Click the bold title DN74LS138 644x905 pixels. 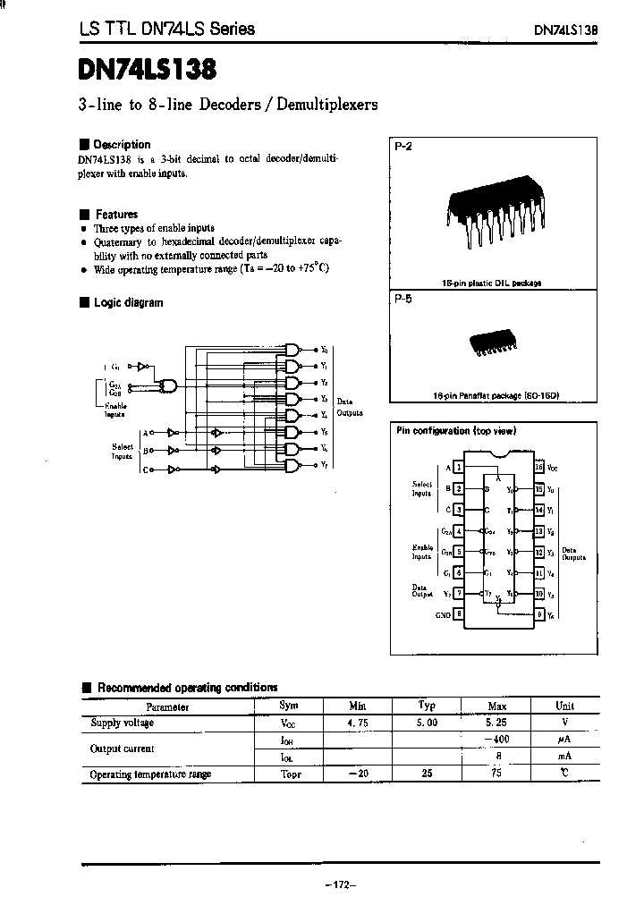coord(147,69)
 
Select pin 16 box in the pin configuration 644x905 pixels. coord(538,467)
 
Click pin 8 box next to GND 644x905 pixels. coord(458,614)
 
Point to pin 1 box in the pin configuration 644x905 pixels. coord(458,467)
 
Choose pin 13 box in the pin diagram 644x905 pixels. coord(538,531)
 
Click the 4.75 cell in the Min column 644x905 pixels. coord(359,723)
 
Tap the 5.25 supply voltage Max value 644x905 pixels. coord(496,723)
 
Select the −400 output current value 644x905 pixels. coord(496,740)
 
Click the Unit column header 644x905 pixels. coord(564,706)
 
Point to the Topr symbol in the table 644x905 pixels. coord(291,774)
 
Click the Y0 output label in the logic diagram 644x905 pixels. coord(325,350)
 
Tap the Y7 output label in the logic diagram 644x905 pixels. coord(325,467)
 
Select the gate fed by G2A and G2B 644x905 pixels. coord(167,386)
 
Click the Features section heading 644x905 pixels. coord(116,215)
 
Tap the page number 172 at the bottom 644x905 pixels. coord(340,885)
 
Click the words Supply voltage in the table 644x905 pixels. coord(123,723)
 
